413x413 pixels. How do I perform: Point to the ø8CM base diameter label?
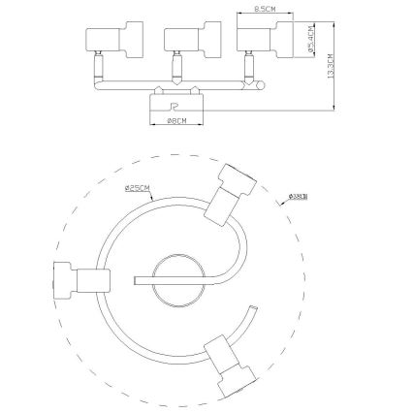coord(175,121)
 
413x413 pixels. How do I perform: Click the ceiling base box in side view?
coord(175,105)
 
